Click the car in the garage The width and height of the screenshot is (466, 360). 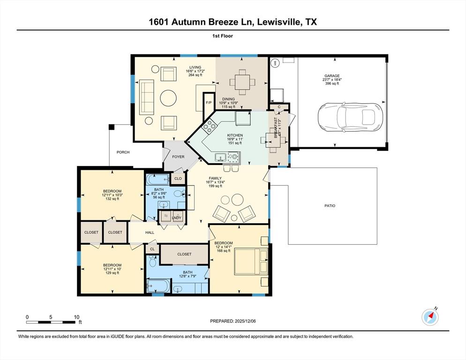[x=350, y=117]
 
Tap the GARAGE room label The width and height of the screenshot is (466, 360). [x=332, y=75]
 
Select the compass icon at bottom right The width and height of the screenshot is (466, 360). [x=430, y=317]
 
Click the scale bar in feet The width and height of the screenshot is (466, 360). [x=52, y=321]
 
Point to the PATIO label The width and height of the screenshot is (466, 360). [x=330, y=206]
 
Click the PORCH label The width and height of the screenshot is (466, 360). [x=123, y=152]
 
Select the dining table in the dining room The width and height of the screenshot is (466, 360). [x=242, y=82]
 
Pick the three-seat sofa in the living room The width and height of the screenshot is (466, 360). [x=147, y=97]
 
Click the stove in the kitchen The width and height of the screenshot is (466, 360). [x=210, y=125]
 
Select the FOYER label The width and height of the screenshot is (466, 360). [x=178, y=157]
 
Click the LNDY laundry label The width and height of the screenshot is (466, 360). [x=177, y=217]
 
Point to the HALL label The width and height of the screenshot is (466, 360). [x=150, y=232]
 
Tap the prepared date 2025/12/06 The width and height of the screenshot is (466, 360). [x=233, y=321]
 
